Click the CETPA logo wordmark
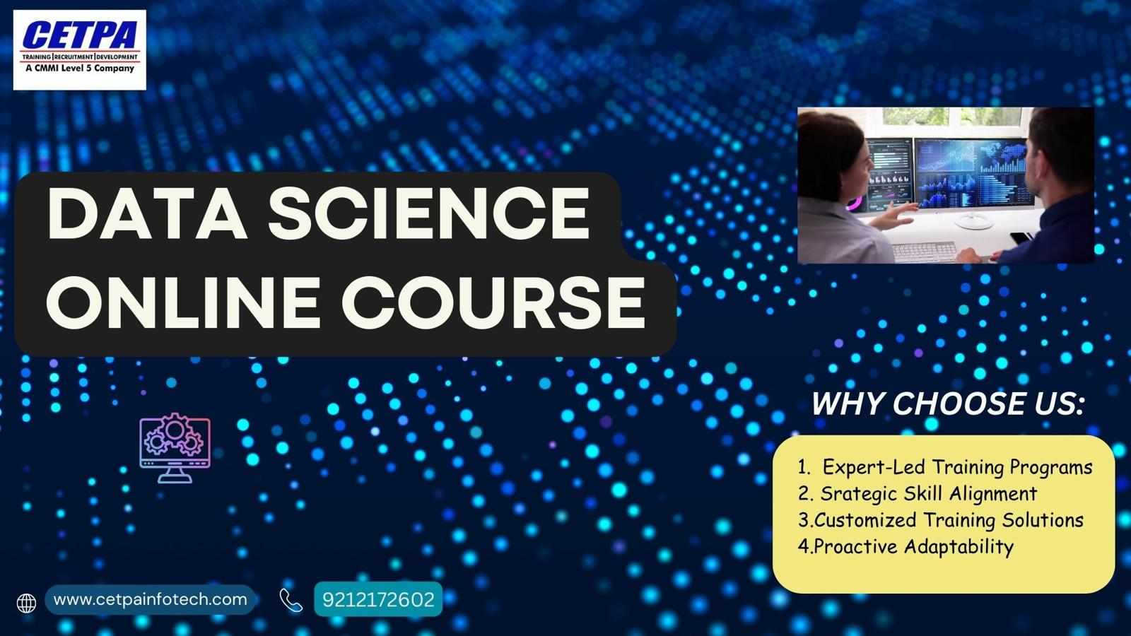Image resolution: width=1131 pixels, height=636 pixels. [x=80, y=35]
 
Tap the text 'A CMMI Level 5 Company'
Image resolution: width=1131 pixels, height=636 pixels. [x=80, y=68]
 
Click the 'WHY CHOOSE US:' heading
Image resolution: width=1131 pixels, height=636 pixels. [x=948, y=404]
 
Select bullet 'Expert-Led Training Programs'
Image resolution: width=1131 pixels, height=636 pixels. [x=957, y=467]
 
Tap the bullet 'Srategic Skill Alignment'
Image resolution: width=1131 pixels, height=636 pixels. [x=929, y=494]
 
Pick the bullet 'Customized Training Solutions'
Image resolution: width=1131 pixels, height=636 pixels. [x=949, y=520]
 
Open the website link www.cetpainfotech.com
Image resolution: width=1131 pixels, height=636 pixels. [x=151, y=600]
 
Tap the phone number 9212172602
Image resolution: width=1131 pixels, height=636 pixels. [x=378, y=600]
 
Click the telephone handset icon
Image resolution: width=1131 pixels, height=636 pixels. [x=291, y=600]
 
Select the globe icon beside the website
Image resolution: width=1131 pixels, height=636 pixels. [x=26, y=603]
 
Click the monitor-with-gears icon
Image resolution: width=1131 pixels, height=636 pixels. [x=175, y=448]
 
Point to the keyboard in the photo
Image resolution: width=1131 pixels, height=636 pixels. [x=925, y=252]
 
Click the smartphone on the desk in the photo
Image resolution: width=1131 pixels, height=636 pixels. [x=1021, y=237]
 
